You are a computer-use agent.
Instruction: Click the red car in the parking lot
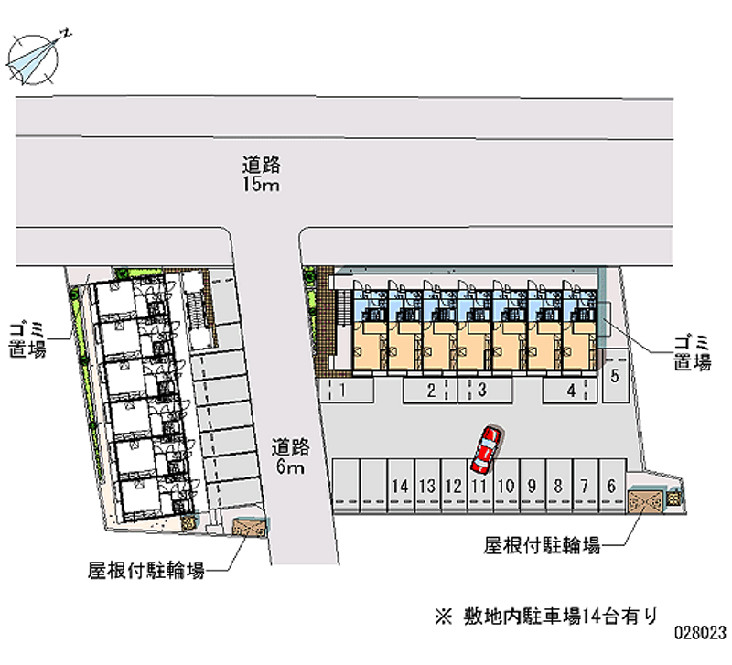click(x=487, y=449)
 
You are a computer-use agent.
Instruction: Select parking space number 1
click(x=347, y=391)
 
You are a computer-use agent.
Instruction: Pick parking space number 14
click(x=401, y=486)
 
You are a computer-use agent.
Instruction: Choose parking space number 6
click(x=612, y=486)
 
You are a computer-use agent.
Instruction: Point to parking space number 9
click(x=533, y=486)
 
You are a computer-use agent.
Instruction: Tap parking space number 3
click(x=486, y=391)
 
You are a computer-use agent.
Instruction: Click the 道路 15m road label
click(x=261, y=174)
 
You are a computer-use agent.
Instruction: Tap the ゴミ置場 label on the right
click(x=693, y=352)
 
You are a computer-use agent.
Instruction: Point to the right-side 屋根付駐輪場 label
click(x=542, y=545)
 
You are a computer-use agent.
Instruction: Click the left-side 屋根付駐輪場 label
click(x=146, y=570)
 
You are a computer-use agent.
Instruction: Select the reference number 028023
click(x=700, y=632)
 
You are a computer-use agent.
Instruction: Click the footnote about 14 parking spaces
click(x=546, y=616)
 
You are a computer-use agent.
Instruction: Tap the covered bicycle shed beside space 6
click(x=645, y=500)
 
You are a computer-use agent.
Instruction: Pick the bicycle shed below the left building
click(x=250, y=528)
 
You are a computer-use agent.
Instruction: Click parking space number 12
click(x=454, y=486)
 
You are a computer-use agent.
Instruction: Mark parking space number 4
click(x=569, y=391)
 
